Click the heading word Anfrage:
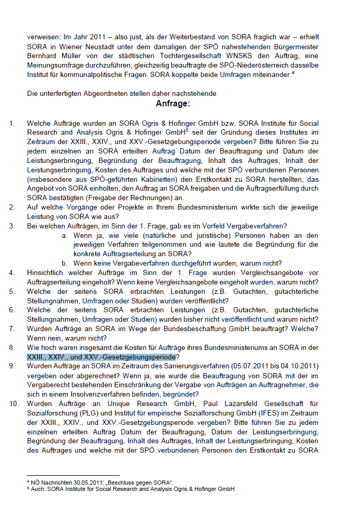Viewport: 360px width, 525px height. [x=172, y=104]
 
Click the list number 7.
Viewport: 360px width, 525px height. [x=12, y=329]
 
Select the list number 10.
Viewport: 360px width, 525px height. [x=13, y=404]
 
